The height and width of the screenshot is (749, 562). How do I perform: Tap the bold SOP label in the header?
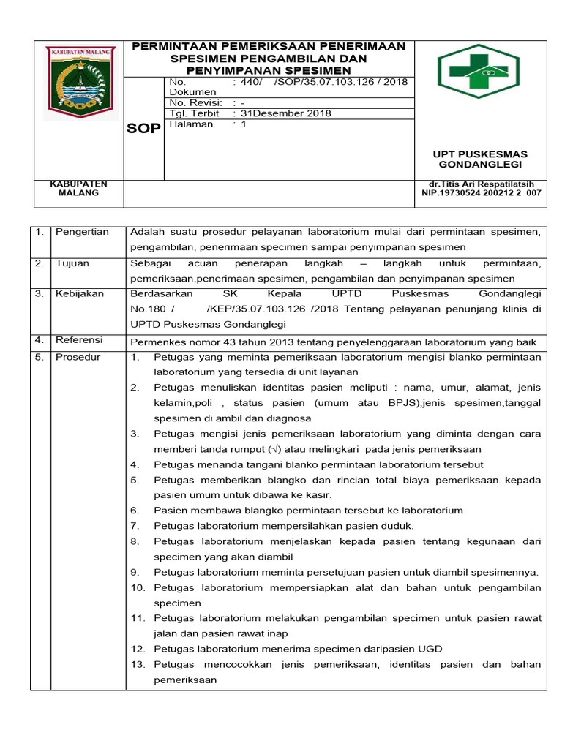click(144, 128)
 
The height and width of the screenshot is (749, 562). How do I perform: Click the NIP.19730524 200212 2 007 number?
click(482, 193)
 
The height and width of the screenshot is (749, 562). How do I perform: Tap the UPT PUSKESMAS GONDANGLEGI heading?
click(480, 159)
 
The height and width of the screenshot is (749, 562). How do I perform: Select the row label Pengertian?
click(82, 232)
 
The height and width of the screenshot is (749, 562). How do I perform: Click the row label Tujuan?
click(72, 263)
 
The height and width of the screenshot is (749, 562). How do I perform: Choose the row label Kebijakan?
click(80, 293)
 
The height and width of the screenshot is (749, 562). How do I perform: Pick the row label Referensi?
click(80, 340)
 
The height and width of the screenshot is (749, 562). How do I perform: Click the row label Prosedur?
click(78, 357)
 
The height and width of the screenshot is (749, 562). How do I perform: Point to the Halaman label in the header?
click(191, 124)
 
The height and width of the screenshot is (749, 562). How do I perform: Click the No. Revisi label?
click(195, 103)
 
